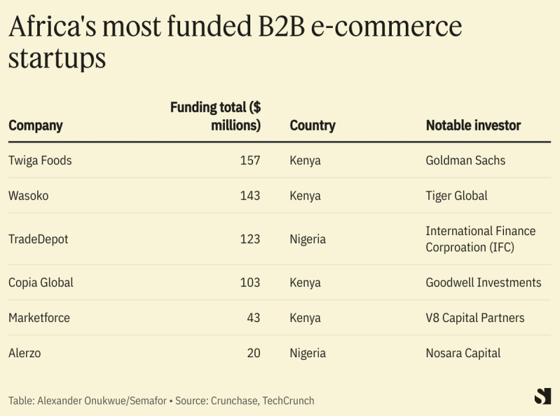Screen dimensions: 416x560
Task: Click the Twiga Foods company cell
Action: click(40, 161)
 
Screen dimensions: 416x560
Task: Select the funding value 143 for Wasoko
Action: click(250, 196)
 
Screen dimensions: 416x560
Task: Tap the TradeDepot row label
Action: click(38, 239)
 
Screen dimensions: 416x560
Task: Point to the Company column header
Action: click(36, 126)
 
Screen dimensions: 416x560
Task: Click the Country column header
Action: click(313, 126)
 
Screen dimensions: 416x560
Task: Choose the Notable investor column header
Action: click(473, 126)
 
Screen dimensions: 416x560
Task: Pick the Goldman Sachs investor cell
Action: click(465, 161)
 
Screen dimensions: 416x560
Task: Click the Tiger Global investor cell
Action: click(456, 196)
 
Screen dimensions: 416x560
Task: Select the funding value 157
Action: click(250, 161)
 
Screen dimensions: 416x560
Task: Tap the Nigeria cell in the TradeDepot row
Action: click(308, 239)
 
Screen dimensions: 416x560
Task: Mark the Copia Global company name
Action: click(41, 283)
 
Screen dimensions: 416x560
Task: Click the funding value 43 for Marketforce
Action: click(253, 318)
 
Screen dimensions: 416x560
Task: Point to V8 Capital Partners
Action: click(474, 318)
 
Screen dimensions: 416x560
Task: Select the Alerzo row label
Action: click(25, 353)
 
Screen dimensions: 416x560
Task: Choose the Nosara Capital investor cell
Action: click(463, 353)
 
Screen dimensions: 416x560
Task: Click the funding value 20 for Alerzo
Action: click(253, 353)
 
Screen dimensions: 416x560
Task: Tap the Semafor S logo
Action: click(542, 396)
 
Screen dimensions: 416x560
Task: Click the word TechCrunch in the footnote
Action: click(288, 401)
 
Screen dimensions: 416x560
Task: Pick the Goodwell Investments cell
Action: click(484, 283)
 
